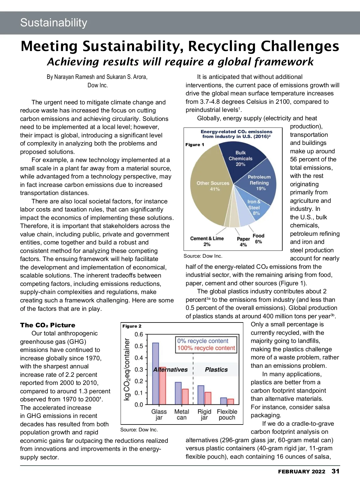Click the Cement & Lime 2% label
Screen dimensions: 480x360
pos(207,241)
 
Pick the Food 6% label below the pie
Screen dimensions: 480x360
pos(258,238)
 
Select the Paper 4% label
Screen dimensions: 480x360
pos(243,241)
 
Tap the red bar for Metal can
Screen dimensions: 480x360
pos(185,397)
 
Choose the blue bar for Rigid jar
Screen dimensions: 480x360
pos(201,395)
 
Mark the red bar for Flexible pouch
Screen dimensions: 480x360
pos(230,401)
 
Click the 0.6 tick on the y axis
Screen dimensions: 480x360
pos(139,334)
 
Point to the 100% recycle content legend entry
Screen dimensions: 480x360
pos(206,348)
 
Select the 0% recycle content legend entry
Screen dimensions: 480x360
pos(203,341)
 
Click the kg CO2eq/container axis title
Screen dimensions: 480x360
pos(127,370)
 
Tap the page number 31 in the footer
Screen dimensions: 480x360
pos(335,471)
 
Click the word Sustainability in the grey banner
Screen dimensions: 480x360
pos(54,23)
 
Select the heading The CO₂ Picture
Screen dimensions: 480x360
pos(48,325)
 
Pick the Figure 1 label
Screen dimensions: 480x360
pos(195,145)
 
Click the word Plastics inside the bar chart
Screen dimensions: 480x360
pos(216,370)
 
